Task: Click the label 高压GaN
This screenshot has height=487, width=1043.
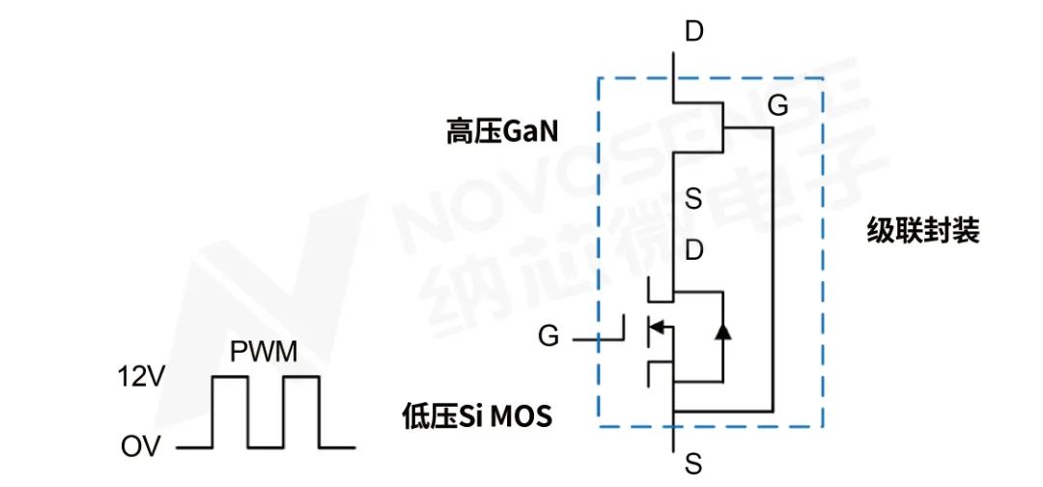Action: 501,131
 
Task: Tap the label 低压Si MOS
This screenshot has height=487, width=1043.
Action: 476,417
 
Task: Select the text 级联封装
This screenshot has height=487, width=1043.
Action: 922,232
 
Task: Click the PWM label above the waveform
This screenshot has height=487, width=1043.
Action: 264,351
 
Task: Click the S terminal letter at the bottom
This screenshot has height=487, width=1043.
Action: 693,466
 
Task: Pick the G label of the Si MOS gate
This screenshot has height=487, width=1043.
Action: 549,337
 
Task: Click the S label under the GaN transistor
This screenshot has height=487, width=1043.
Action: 693,200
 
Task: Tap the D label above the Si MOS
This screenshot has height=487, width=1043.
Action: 693,252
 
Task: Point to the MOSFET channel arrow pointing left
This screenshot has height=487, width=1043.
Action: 656,329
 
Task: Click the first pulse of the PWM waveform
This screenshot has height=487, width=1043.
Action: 230,412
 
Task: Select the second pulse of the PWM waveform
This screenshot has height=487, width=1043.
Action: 301,412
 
